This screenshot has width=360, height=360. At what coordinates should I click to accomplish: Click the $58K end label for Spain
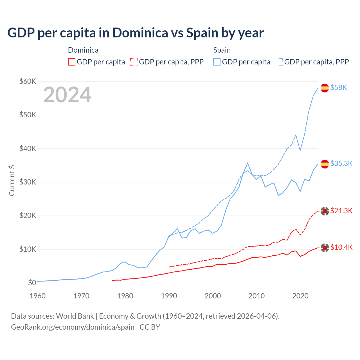[339, 87]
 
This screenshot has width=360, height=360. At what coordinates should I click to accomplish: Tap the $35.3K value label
[341, 163]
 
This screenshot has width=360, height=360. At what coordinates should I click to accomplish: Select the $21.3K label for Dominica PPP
[341, 211]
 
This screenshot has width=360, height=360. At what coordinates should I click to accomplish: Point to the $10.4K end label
[341, 247]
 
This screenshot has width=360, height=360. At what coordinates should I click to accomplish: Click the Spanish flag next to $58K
[325, 88]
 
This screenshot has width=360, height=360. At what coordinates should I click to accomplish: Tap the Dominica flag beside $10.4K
[325, 247]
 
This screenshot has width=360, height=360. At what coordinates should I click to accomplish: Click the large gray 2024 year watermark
[67, 95]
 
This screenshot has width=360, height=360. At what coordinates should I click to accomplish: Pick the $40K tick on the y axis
[28, 148]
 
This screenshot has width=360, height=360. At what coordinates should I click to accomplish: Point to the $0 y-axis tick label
[32, 283]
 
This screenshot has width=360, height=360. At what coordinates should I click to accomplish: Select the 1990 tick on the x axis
[169, 296]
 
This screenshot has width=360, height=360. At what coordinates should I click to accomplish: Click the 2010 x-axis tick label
[256, 296]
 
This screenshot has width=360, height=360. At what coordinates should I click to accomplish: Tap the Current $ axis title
[12, 181]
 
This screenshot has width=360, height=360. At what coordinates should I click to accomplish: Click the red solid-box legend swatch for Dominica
[72, 62]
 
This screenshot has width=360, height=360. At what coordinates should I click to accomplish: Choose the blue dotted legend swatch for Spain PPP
[279, 62]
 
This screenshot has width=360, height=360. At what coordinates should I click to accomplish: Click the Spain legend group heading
[222, 50]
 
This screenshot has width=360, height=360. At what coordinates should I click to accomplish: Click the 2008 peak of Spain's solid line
[247, 163]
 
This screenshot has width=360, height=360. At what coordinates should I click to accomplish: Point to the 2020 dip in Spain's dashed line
[300, 150]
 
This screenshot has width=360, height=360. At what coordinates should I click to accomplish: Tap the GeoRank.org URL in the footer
[73, 327]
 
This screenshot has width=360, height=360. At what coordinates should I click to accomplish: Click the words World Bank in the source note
[75, 316]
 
